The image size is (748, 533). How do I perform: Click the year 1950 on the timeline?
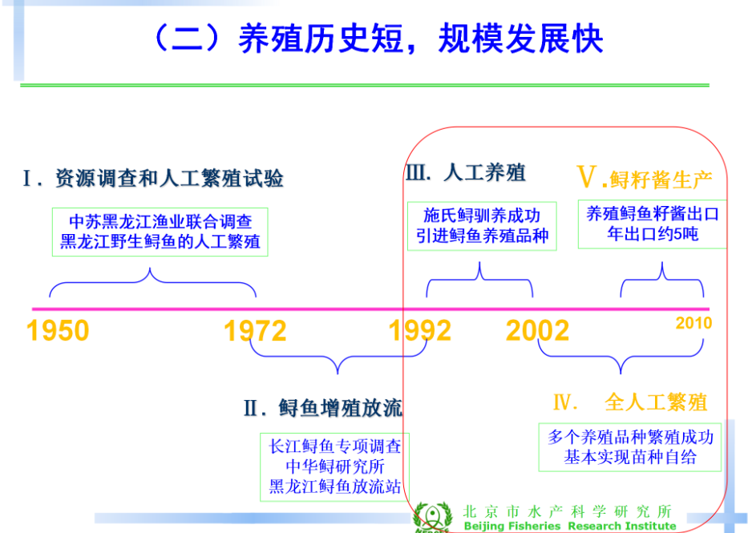(x=58, y=330)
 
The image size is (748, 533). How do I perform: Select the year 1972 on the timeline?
(x=255, y=330)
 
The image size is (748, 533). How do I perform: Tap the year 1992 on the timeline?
(x=420, y=330)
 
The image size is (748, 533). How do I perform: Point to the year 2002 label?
(x=538, y=330)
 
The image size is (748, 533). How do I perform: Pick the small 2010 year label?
(x=693, y=323)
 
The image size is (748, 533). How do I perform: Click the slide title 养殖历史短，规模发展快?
(x=421, y=38)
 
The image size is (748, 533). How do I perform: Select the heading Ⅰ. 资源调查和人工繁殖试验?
(x=153, y=178)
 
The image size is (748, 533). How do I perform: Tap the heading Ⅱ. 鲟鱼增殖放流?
(x=323, y=408)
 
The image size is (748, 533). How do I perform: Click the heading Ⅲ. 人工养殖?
(x=466, y=172)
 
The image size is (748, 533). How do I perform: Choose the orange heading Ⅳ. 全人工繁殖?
(x=630, y=402)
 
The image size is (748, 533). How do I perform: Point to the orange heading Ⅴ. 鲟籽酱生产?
(x=645, y=178)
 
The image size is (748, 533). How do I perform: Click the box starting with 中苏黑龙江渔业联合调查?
(x=160, y=232)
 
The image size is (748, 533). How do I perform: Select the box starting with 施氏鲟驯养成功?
(x=482, y=226)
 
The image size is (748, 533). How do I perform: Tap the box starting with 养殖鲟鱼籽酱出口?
(x=652, y=224)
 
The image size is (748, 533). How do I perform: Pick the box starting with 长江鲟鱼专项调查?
(x=334, y=466)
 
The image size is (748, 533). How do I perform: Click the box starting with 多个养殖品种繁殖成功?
(x=629, y=447)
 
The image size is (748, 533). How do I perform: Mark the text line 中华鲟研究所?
(x=335, y=466)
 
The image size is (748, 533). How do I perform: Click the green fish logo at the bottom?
(x=432, y=517)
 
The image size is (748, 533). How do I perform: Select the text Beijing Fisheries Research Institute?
(x=570, y=527)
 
